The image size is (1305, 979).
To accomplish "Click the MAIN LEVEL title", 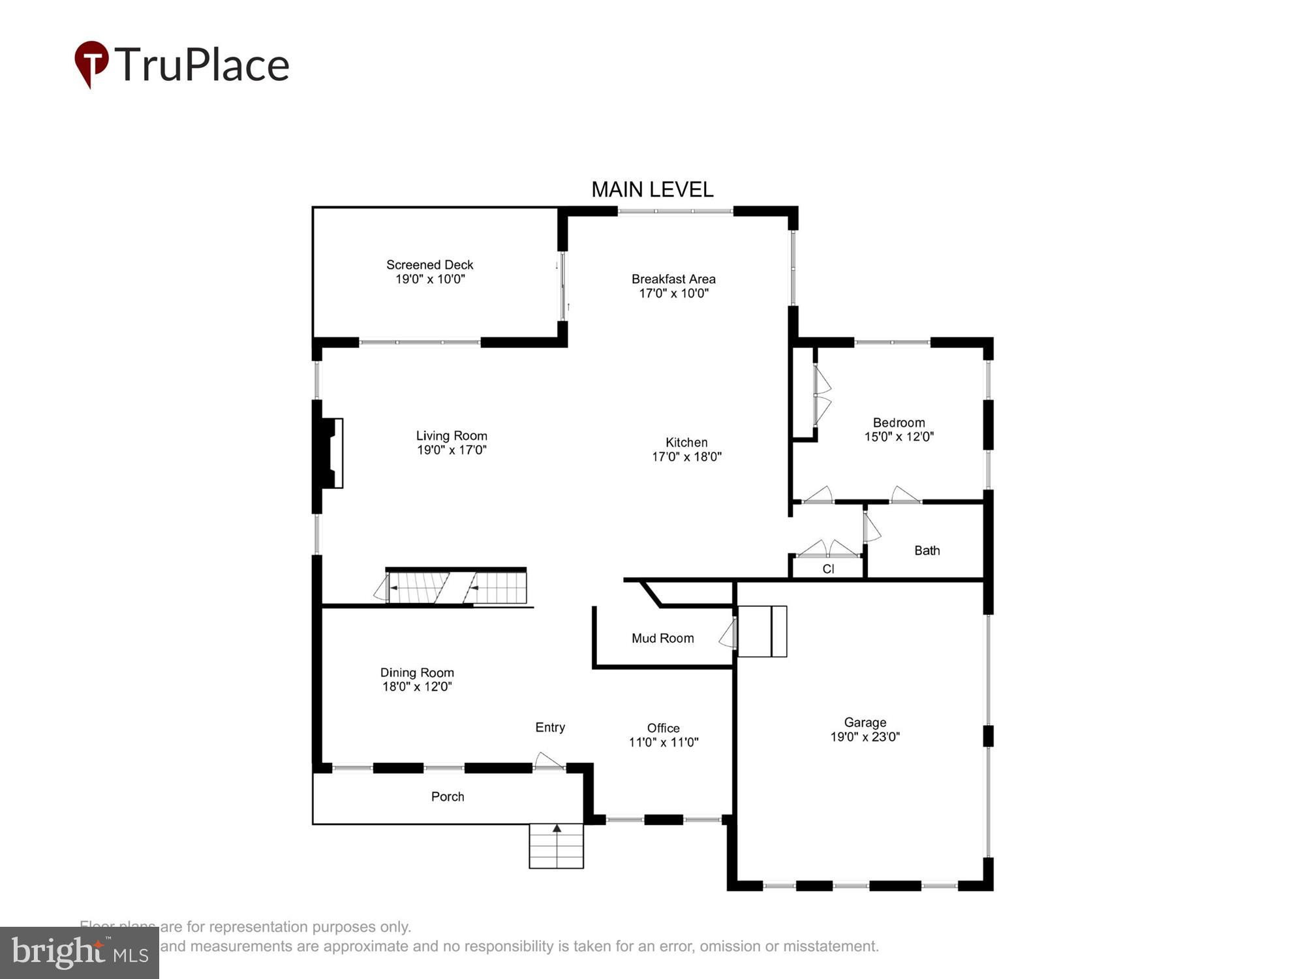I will [652, 189].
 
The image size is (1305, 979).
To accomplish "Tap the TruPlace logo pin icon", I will [91, 63].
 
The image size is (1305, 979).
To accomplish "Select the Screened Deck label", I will [429, 264].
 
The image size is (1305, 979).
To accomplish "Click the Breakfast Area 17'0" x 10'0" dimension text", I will [673, 294].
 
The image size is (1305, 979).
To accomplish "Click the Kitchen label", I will [686, 442].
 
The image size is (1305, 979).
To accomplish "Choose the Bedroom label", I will [898, 422].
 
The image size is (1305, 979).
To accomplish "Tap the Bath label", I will [927, 550].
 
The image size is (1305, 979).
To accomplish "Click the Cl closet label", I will [828, 568].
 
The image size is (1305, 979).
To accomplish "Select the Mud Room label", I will [662, 638].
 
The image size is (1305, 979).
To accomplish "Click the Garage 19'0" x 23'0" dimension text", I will [865, 737].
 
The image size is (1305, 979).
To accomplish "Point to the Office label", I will [663, 728].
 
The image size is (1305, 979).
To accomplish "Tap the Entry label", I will [549, 727].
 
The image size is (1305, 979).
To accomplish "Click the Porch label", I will [448, 796].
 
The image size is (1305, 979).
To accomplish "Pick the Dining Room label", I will [417, 672].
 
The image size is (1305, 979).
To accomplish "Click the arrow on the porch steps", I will [557, 829].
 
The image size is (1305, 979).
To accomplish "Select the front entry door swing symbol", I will [548, 760].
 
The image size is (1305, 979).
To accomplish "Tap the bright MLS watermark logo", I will [79, 953].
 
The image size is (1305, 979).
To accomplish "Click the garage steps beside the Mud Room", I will [761, 631].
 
